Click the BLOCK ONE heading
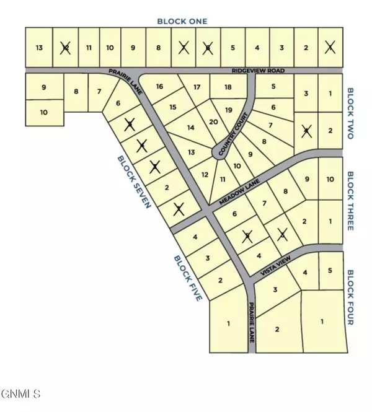(182, 21)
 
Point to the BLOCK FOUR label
(350, 297)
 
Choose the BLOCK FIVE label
(188, 278)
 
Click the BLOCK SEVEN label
(134, 182)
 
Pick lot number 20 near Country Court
(213, 122)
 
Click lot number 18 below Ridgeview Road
(228, 86)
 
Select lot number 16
(159, 86)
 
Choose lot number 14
(191, 128)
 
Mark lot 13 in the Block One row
(40, 48)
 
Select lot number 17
(197, 86)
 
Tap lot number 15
(173, 107)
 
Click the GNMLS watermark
(20, 393)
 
